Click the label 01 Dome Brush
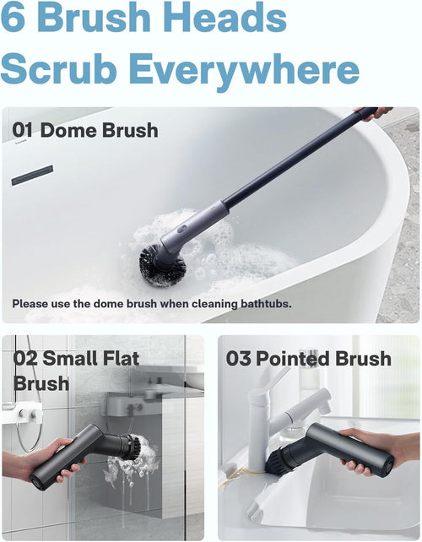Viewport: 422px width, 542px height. (x=85, y=131)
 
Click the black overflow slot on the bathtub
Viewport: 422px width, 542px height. (x=32, y=175)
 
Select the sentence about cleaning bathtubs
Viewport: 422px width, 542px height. (x=152, y=303)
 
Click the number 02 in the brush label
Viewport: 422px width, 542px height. (x=26, y=357)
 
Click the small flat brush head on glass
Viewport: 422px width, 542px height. (x=127, y=447)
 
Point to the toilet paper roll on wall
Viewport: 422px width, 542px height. (x=30, y=414)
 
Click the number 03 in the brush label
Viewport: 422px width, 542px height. (x=239, y=359)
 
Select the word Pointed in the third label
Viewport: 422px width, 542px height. (x=295, y=359)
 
